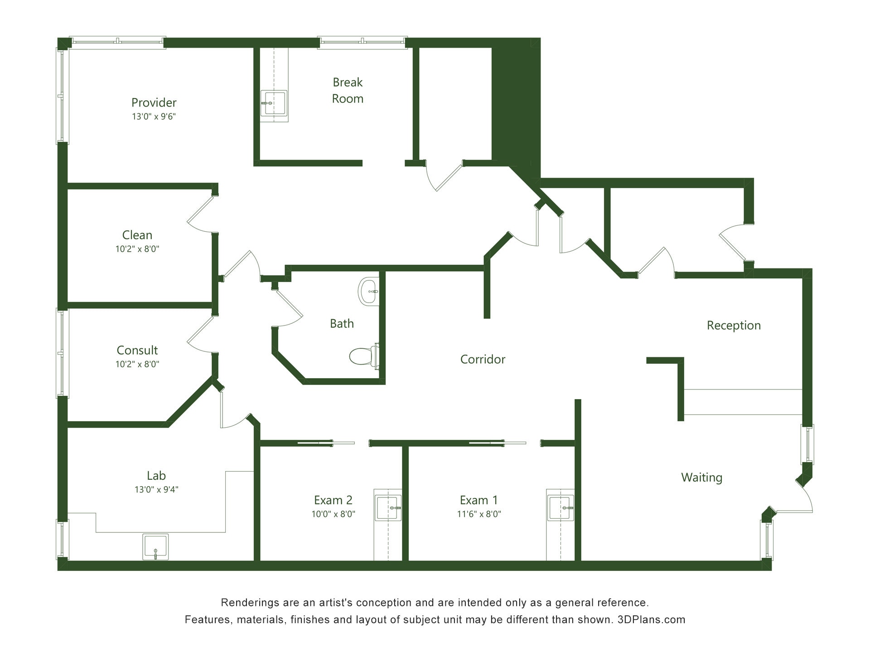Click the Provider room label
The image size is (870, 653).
coord(154,103)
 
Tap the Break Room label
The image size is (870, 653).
coord(348,90)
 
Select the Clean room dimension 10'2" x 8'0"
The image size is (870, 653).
coord(137,249)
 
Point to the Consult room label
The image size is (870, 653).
coord(137,350)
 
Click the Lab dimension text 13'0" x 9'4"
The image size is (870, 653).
coord(156,489)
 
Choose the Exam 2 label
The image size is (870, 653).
coord(333,500)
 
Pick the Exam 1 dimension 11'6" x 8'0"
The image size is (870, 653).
coord(479,514)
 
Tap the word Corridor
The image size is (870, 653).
coord(483,359)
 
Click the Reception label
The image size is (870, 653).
coord(734,326)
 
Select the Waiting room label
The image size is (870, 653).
coord(701,478)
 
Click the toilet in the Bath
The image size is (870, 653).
coord(364,356)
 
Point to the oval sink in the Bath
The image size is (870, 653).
coord(368,291)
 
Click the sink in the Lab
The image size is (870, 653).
coord(155,547)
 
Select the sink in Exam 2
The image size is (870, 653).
coord(388,508)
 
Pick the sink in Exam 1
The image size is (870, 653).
coord(561,508)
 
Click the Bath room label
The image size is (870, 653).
coord(342,323)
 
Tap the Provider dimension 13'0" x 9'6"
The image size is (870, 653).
coord(154,117)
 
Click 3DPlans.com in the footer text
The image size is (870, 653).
coord(651,620)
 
